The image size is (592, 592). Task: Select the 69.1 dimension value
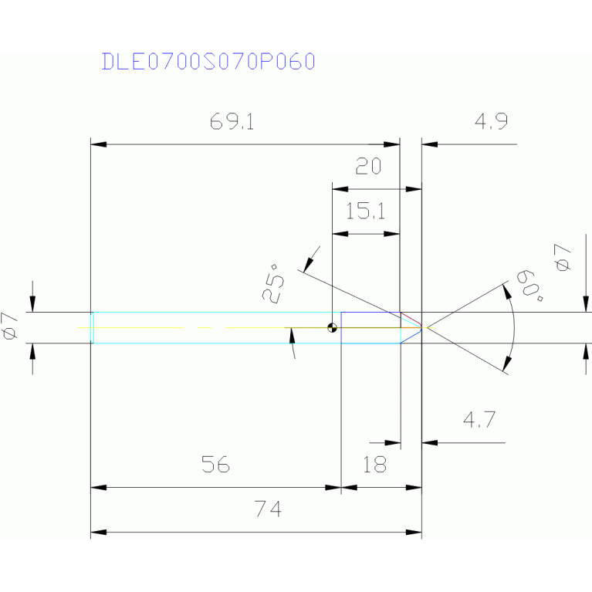(x=232, y=122)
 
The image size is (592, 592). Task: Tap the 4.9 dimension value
(x=491, y=122)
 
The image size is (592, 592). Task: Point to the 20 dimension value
(x=368, y=167)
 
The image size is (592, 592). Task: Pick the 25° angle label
(x=275, y=282)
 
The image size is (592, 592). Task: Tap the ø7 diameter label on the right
(x=563, y=257)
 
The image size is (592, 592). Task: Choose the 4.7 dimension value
(x=479, y=421)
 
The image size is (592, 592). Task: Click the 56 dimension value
(x=216, y=465)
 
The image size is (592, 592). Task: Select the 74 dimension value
(x=268, y=509)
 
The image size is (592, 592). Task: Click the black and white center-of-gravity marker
(x=333, y=327)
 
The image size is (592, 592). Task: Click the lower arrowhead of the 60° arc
(x=506, y=366)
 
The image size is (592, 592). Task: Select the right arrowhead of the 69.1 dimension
(x=393, y=144)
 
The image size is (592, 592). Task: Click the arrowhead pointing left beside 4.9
(x=429, y=144)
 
